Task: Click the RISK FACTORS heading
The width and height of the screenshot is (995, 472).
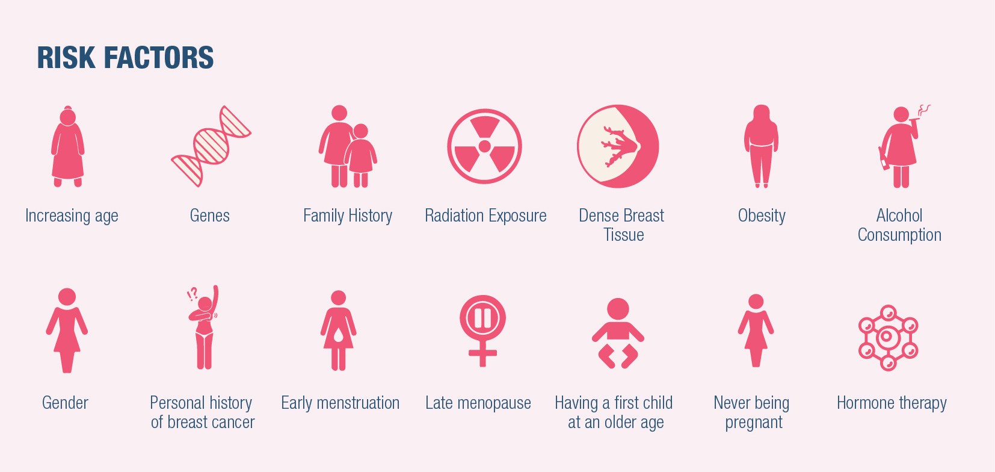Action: point(125,58)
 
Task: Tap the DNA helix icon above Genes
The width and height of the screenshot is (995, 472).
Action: point(211,146)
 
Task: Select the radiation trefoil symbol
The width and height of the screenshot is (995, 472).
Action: point(485,146)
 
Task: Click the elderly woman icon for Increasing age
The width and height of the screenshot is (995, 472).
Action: point(67,146)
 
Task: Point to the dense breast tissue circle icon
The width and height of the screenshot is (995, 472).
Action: point(618,146)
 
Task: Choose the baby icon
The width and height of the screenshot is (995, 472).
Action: point(618,333)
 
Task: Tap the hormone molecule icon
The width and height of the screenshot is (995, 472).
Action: point(888,338)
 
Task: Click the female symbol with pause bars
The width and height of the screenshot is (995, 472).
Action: point(483,331)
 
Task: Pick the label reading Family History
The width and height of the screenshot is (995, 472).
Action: point(348,216)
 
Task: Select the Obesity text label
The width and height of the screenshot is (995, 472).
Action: point(762,216)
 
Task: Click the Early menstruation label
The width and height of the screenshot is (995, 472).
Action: point(340,403)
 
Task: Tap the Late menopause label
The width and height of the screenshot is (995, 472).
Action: point(478,403)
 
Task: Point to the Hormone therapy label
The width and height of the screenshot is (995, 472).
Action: point(892,403)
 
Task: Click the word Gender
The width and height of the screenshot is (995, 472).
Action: point(65,403)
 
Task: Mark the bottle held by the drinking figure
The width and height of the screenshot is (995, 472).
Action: point(884,158)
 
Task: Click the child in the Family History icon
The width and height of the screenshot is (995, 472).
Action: point(360,155)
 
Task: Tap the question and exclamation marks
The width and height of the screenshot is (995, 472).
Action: point(193,294)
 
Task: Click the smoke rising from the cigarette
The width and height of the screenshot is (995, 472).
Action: point(924,110)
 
